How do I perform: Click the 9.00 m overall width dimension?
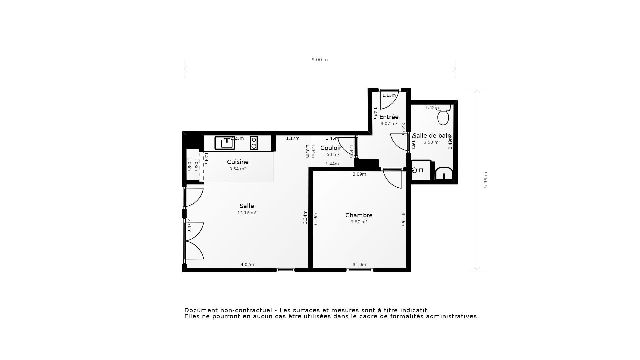(x=320, y=60)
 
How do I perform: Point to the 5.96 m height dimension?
(x=486, y=180)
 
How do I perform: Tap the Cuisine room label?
(x=238, y=162)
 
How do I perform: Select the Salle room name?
(x=247, y=206)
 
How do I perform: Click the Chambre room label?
(x=359, y=215)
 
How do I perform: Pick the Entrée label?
(x=389, y=117)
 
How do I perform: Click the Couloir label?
(x=331, y=148)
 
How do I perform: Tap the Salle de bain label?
(x=432, y=136)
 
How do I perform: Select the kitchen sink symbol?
(x=225, y=143)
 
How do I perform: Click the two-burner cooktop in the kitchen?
(x=254, y=143)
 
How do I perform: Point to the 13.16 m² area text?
(x=247, y=213)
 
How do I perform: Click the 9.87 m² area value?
(x=359, y=222)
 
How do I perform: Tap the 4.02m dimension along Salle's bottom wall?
(x=247, y=265)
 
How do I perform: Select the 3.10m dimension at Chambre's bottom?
(x=359, y=265)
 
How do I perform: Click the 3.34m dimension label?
(x=305, y=217)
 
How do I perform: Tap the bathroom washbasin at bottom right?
(x=444, y=174)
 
